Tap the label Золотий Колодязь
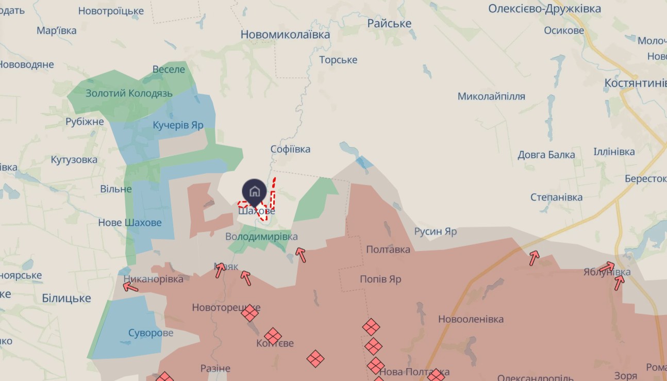[x=129, y=93]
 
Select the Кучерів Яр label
[x=178, y=125]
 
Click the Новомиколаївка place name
[x=286, y=35]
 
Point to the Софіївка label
[x=291, y=150]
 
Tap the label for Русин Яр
[x=436, y=231]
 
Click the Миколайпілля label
[x=491, y=96]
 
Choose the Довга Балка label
[x=546, y=155]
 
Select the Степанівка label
[x=557, y=197]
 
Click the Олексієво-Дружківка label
[x=544, y=9]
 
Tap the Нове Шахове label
[x=130, y=223]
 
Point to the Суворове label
[x=151, y=333]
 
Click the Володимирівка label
[x=261, y=237]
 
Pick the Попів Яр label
[x=380, y=279]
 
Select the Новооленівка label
[x=471, y=319]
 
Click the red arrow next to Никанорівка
[x=130, y=287]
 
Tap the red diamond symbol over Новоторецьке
[x=250, y=313]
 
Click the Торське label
[x=338, y=60]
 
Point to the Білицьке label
[x=66, y=298]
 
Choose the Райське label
[x=389, y=23]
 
